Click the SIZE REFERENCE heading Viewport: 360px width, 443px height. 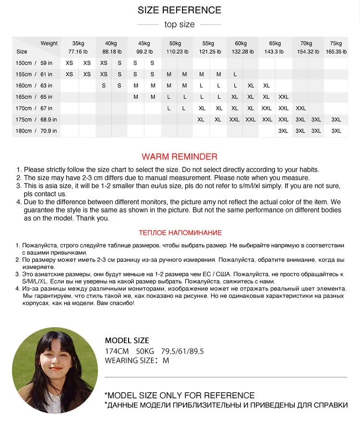(x=180, y=10)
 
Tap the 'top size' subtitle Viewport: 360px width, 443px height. (x=180, y=25)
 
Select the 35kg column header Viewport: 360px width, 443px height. (x=78, y=43)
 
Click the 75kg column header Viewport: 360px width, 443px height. (x=336, y=43)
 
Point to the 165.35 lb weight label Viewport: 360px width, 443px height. (x=336, y=51)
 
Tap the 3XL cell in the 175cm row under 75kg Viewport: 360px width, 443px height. (x=336, y=120)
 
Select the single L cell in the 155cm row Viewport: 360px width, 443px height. (x=235, y=74)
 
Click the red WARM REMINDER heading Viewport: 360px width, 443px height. (x=180, y=157)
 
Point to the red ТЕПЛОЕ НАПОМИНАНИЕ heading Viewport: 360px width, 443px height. (x=180, y=233)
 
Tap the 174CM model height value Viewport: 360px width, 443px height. (x=117, y=351)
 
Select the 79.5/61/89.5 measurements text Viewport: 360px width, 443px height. (x=182, y=351)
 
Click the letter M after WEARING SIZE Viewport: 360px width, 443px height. (x=166, y=360)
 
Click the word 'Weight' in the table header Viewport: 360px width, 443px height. (x=49, y=43)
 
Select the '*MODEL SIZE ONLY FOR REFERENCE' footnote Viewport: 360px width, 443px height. (x=180, y=395)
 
